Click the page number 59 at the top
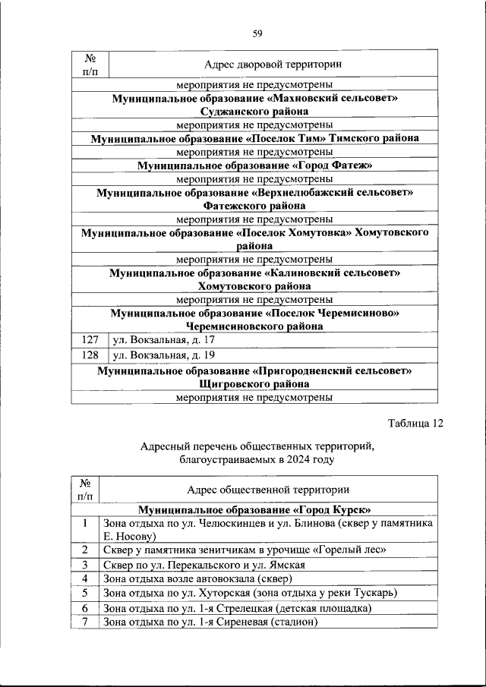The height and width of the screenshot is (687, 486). (257, 33)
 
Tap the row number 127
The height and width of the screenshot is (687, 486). (90, 339)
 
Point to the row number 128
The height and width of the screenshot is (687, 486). (90, 355)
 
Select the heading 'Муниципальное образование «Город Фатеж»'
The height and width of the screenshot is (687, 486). (254, 165)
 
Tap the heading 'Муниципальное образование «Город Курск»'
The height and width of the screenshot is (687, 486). (254, 509)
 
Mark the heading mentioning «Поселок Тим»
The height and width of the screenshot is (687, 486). (254, 139)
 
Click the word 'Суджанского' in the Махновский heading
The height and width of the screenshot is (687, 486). (210, 112)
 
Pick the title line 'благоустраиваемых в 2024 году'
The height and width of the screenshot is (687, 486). (257, 460)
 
